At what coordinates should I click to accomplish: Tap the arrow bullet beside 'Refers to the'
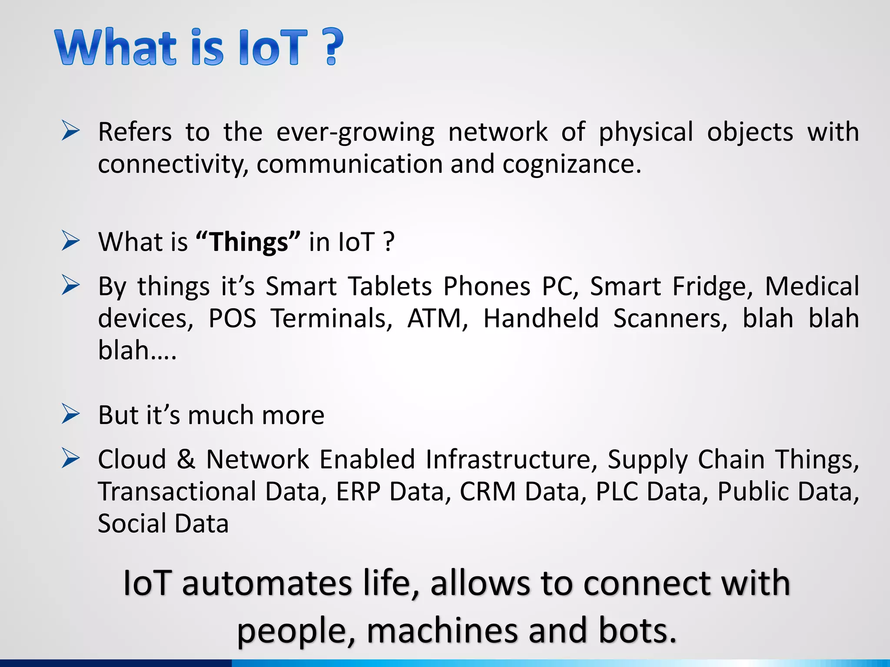70,131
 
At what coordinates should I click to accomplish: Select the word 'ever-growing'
355,132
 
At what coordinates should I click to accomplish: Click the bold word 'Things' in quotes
249,242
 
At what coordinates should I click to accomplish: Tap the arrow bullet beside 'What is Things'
70,241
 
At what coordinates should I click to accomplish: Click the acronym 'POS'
232,318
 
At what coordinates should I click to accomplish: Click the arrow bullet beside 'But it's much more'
70,414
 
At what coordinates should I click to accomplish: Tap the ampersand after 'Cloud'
186,459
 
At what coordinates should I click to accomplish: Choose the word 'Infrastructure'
508,459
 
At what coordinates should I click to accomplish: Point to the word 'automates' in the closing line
266,584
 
